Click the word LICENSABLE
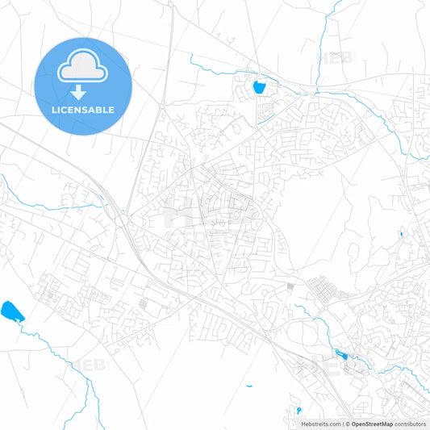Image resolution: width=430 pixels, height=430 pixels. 83,110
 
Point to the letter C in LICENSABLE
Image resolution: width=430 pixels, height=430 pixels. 67,110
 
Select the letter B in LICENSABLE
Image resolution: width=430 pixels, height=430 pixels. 100,110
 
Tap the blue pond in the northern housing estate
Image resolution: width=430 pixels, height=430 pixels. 260,86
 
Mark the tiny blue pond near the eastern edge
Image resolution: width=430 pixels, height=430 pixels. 401,235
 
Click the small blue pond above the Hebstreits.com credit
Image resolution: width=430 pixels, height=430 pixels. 298,409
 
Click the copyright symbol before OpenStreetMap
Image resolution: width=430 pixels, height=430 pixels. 348,424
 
